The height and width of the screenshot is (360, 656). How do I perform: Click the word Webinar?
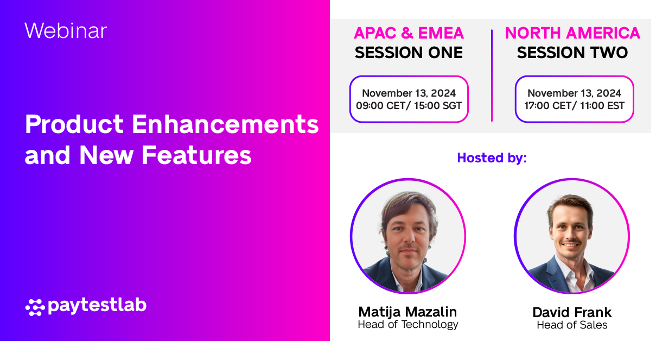(66, 30)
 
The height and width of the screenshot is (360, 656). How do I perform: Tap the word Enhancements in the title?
(225, 125)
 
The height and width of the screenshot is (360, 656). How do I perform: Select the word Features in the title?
(196, 155)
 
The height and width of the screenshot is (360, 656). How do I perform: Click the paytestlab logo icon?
(35, 307)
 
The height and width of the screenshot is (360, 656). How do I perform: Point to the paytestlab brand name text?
(97, 306)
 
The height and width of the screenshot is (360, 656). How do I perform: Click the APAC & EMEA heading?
(409, 34)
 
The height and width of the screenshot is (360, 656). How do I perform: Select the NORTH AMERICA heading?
(572, 34)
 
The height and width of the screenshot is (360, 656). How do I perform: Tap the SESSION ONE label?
(409, 53)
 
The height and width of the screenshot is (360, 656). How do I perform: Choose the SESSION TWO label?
(572, 53)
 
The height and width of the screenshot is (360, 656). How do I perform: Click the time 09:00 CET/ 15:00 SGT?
(409, 105)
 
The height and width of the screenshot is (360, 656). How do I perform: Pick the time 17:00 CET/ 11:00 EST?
(574, 105)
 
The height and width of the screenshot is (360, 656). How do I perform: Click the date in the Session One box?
(409, 93)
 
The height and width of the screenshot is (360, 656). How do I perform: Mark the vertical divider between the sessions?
(492, 76)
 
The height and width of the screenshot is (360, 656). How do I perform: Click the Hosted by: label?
(492, 158)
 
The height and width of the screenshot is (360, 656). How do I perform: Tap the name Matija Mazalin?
(407, 312)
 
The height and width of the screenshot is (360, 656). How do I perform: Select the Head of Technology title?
(407, 325)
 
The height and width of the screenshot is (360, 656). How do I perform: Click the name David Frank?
(572, 312)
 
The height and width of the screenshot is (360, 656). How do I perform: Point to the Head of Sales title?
(572, 325)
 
